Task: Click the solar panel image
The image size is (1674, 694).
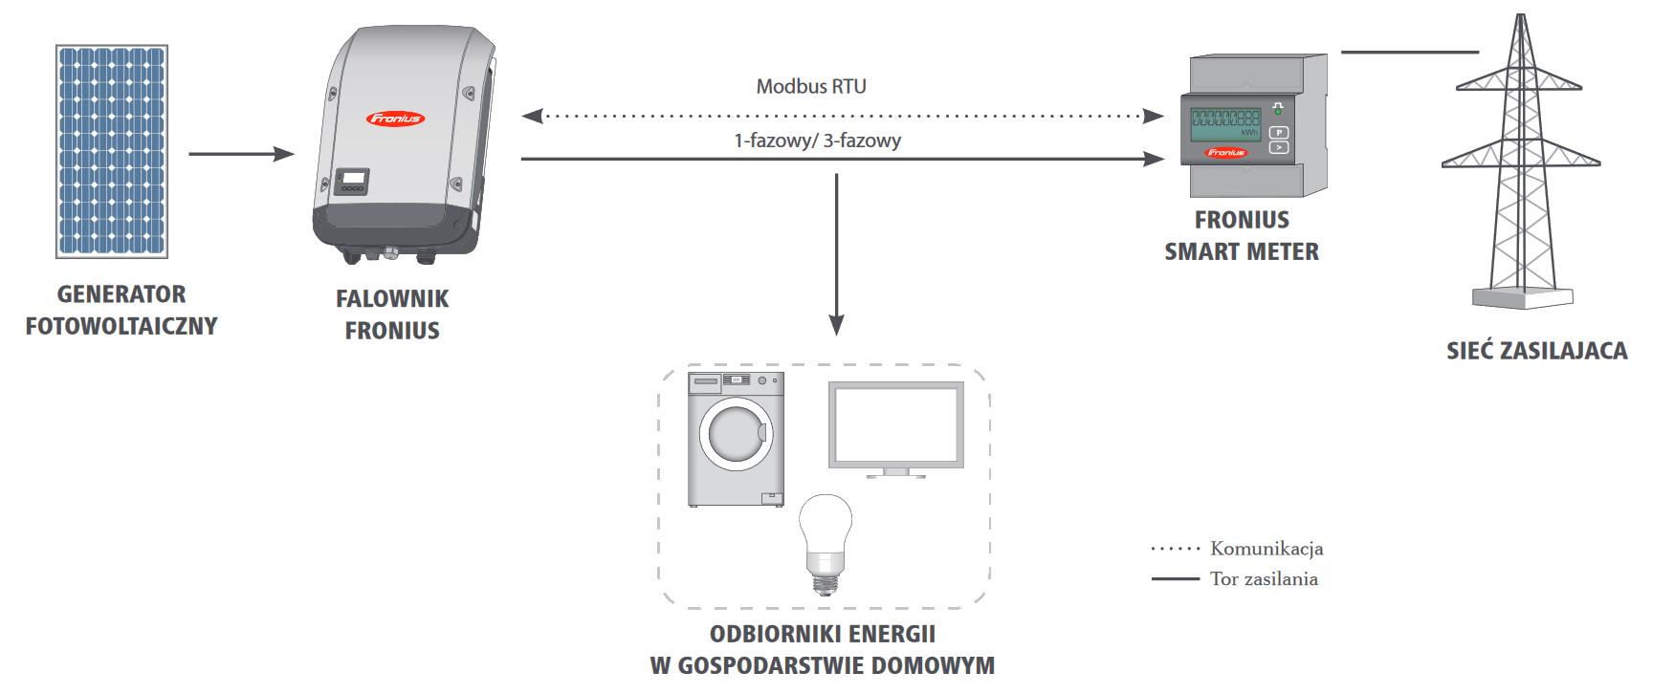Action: click(113, 151)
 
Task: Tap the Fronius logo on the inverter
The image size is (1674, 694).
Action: click(395, 119)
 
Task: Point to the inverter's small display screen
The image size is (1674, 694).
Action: click(354, 178)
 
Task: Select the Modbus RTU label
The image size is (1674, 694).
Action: click(811, 87)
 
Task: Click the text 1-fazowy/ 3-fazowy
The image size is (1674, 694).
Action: click(818, 141)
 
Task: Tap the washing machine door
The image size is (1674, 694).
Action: click(736, 433)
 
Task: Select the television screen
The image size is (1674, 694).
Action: click(895, 425)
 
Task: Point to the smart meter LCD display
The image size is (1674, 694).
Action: click(1225, 125)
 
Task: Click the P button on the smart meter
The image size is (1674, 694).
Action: click(1279, 133)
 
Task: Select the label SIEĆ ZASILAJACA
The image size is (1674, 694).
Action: click(1537, 351)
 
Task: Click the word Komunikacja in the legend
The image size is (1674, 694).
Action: click(1267, 549)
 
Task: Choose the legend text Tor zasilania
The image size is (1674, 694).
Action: click(1264, 578)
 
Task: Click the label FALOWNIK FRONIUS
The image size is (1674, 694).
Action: click(392, 314)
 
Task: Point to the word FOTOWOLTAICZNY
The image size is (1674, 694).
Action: click(121, 326)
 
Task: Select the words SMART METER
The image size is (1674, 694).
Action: click(1242, 252)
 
